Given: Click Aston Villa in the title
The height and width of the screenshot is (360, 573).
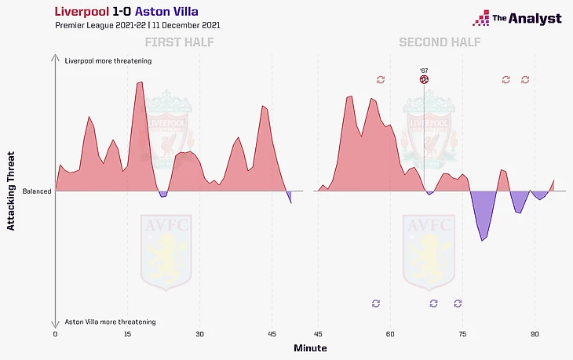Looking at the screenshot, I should (x=166, y=11).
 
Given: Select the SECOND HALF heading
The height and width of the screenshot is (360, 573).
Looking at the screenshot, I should (x=440, y=42).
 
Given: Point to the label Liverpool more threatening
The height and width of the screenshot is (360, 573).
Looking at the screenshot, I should (x=108, y=60).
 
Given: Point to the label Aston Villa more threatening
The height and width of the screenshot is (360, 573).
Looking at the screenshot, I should (x=110, y=322).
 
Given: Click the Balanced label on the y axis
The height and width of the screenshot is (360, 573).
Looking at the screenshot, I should (x=37, y=191).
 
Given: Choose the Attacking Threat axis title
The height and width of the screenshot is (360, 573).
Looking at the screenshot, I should (x=11, y=191).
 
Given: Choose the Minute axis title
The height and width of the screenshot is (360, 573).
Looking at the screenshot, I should (x=310, y=347).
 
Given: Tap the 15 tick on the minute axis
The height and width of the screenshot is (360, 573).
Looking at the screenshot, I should (x=127, y=333).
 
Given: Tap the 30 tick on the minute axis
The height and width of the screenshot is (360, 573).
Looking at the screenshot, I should (x=199, y=333).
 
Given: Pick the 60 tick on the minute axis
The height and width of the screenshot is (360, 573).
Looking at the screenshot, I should (x=389, y=333).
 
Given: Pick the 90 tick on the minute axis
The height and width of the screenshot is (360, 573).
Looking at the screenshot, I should (x=535, y=333).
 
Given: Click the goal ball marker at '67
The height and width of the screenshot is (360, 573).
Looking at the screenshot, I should (x=424, y=79).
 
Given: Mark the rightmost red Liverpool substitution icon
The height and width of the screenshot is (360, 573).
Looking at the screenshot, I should (x=525, y=79).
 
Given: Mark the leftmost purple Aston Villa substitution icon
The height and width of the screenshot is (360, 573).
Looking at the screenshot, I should (x=375, y=303).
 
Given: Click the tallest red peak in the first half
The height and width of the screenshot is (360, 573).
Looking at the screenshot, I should (x=141, y=82).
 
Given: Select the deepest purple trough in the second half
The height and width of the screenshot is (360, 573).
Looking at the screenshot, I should (x=483, y=240).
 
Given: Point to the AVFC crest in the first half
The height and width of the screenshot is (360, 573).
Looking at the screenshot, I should (x=164, y=251).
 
